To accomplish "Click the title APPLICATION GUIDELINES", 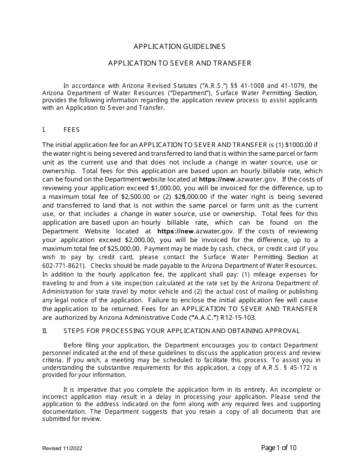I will click(179, 47).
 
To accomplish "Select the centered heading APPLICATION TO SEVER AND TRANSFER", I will click(180, 63).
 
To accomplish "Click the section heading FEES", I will click(72, 130).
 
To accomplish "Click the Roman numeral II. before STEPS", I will click(45, 331).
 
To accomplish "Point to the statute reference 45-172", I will click(301, 367).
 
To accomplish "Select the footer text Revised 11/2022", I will click(62, 448).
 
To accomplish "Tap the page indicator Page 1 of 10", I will click(279, 448).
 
